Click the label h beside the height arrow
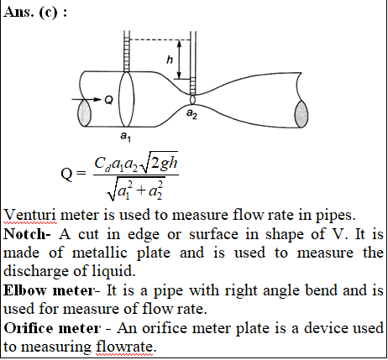170,60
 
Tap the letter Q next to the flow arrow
108,100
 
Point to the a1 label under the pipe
125,137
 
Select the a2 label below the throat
191,114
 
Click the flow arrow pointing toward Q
87,99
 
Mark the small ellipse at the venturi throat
192,100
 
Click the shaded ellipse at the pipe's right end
301,114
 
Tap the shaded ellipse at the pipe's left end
84,112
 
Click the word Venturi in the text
30,216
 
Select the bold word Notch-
27,234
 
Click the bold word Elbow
24,290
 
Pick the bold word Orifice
28,328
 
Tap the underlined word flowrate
125,347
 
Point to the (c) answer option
49,13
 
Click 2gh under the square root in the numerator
164,163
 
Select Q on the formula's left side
66,175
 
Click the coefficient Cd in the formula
102,164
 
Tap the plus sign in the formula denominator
142,190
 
